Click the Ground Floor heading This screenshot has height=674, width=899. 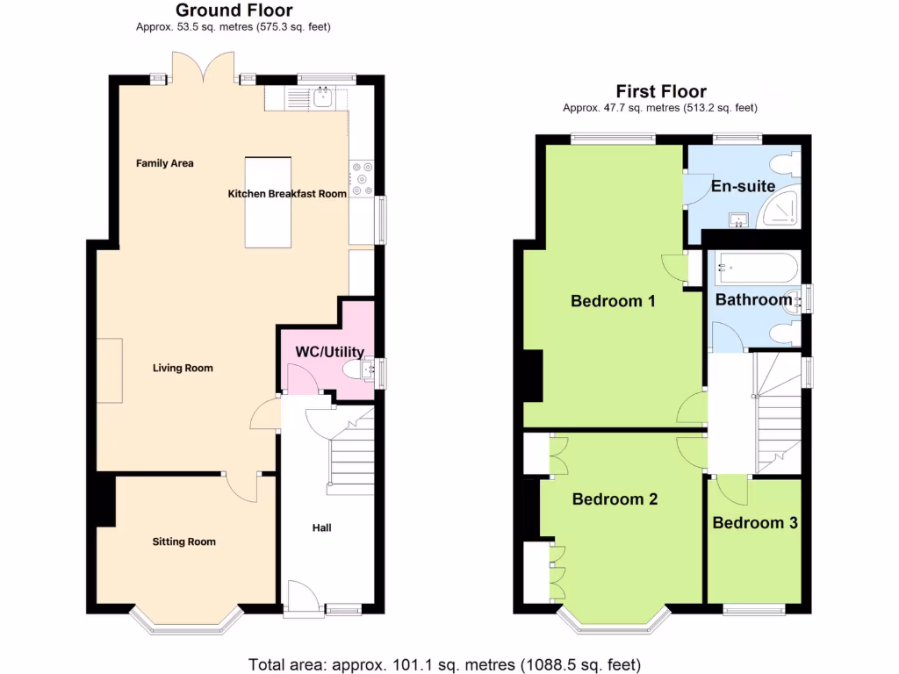pos(234,11)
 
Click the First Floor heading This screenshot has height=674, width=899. pos(660,91)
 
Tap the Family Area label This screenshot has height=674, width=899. pos(164,163)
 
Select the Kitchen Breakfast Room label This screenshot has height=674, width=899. pos(287,194)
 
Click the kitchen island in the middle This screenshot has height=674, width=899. pos(268,203)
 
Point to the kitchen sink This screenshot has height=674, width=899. pos(322,97)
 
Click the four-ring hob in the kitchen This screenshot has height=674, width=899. pos(361,179)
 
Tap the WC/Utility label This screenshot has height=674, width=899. pos(329,352)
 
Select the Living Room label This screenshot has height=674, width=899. pos(183,369)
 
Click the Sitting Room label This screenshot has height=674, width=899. pos(184,542)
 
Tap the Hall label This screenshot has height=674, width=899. pos(321,528)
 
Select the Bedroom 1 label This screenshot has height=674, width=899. pos(613,302)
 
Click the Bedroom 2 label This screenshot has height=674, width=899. pos(615,499)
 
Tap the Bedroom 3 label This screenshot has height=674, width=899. pos(754,523)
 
